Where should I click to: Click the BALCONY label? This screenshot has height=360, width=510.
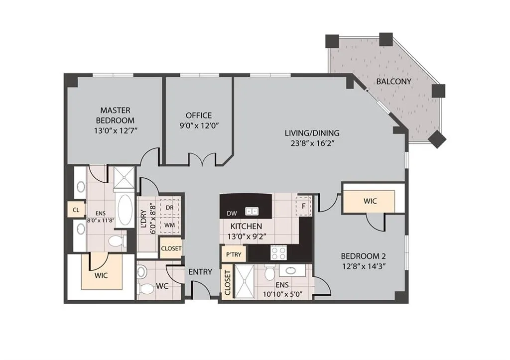393,81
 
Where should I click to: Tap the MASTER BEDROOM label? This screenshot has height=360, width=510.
115,115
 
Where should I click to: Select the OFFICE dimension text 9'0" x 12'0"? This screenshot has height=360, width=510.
199,126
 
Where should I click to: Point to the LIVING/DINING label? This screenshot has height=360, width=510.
312,133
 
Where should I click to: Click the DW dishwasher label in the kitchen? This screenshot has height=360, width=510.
231,213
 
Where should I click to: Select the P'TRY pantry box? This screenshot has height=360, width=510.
234,254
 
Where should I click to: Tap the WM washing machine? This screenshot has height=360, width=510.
169,225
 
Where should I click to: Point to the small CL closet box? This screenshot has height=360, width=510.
76,210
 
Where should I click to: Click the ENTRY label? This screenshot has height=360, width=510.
200,272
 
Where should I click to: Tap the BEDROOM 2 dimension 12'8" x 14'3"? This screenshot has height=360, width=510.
364,266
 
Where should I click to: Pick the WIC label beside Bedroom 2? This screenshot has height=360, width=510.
370,201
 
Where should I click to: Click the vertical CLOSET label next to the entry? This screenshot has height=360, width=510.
228,284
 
